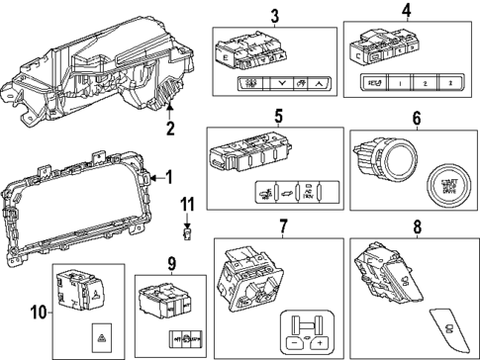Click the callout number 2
point(169,129)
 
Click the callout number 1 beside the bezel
point(168,178)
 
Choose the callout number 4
point(406,12)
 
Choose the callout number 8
point(416,227)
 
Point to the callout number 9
point(171,263)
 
